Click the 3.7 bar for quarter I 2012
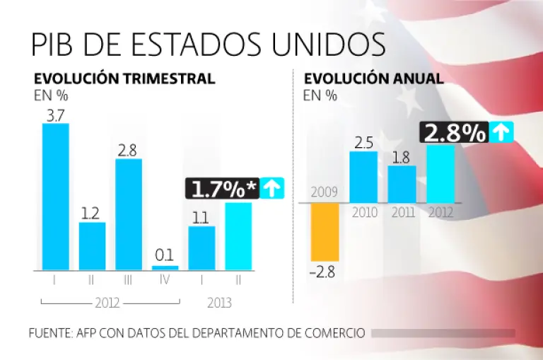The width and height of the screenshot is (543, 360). pos(56,197)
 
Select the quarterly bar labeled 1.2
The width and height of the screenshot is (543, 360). pos(92,246)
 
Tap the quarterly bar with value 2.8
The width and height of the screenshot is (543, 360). pos(129,214)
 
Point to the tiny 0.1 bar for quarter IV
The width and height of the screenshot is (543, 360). pos(165,268)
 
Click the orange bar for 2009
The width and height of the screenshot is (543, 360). pos(325,232)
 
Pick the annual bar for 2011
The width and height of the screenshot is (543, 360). pos(402,184)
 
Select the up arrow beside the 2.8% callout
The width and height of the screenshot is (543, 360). pos(501,132)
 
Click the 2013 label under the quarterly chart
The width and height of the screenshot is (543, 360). pos(220,303)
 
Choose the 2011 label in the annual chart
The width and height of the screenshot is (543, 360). pos(402,211)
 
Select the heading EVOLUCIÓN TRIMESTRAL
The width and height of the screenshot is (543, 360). pos(124,79)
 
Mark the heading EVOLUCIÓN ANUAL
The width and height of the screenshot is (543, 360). pos(373,79)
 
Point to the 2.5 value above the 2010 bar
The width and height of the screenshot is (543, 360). pos(363,141)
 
